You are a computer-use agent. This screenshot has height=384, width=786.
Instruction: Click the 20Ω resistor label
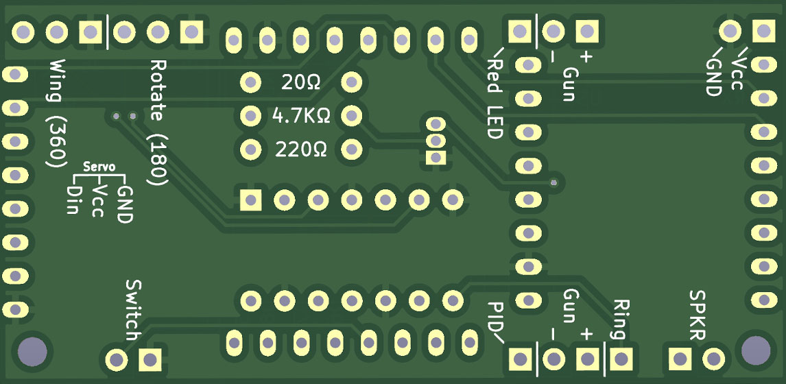[x=300, y=83]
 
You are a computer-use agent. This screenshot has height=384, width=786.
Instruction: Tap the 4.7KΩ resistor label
[x=301, y=115]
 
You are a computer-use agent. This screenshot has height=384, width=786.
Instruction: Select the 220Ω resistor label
[x=300, y=148]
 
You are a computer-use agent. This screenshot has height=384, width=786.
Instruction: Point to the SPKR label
[x=698, y=315]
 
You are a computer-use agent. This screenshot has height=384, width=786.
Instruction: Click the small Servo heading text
[x=99, y=167]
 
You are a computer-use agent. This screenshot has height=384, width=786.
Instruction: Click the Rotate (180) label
[x=157, y=122]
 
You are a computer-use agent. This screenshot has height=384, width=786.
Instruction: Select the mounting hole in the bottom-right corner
[x=754, y=350]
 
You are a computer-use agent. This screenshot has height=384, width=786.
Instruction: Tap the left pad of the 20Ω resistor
[x=250, y=83]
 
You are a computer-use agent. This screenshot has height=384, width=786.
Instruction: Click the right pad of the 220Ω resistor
[x=352, y=148]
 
